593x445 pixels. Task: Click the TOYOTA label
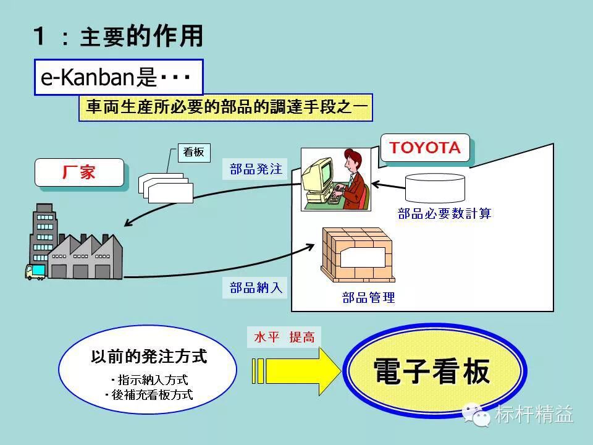coord(425,148)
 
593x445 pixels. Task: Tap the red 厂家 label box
coord(79,172)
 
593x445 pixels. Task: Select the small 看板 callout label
coord(194,152)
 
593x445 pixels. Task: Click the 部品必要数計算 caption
coord(444,214)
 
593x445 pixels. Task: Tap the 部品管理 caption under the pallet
coord(368,298)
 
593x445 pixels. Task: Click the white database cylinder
coord(435,188)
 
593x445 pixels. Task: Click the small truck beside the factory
coord(35,271)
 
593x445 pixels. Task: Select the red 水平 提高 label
coord(284,337)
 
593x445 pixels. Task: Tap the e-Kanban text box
coord(118,77)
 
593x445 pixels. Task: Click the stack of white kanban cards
coord(166,188)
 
